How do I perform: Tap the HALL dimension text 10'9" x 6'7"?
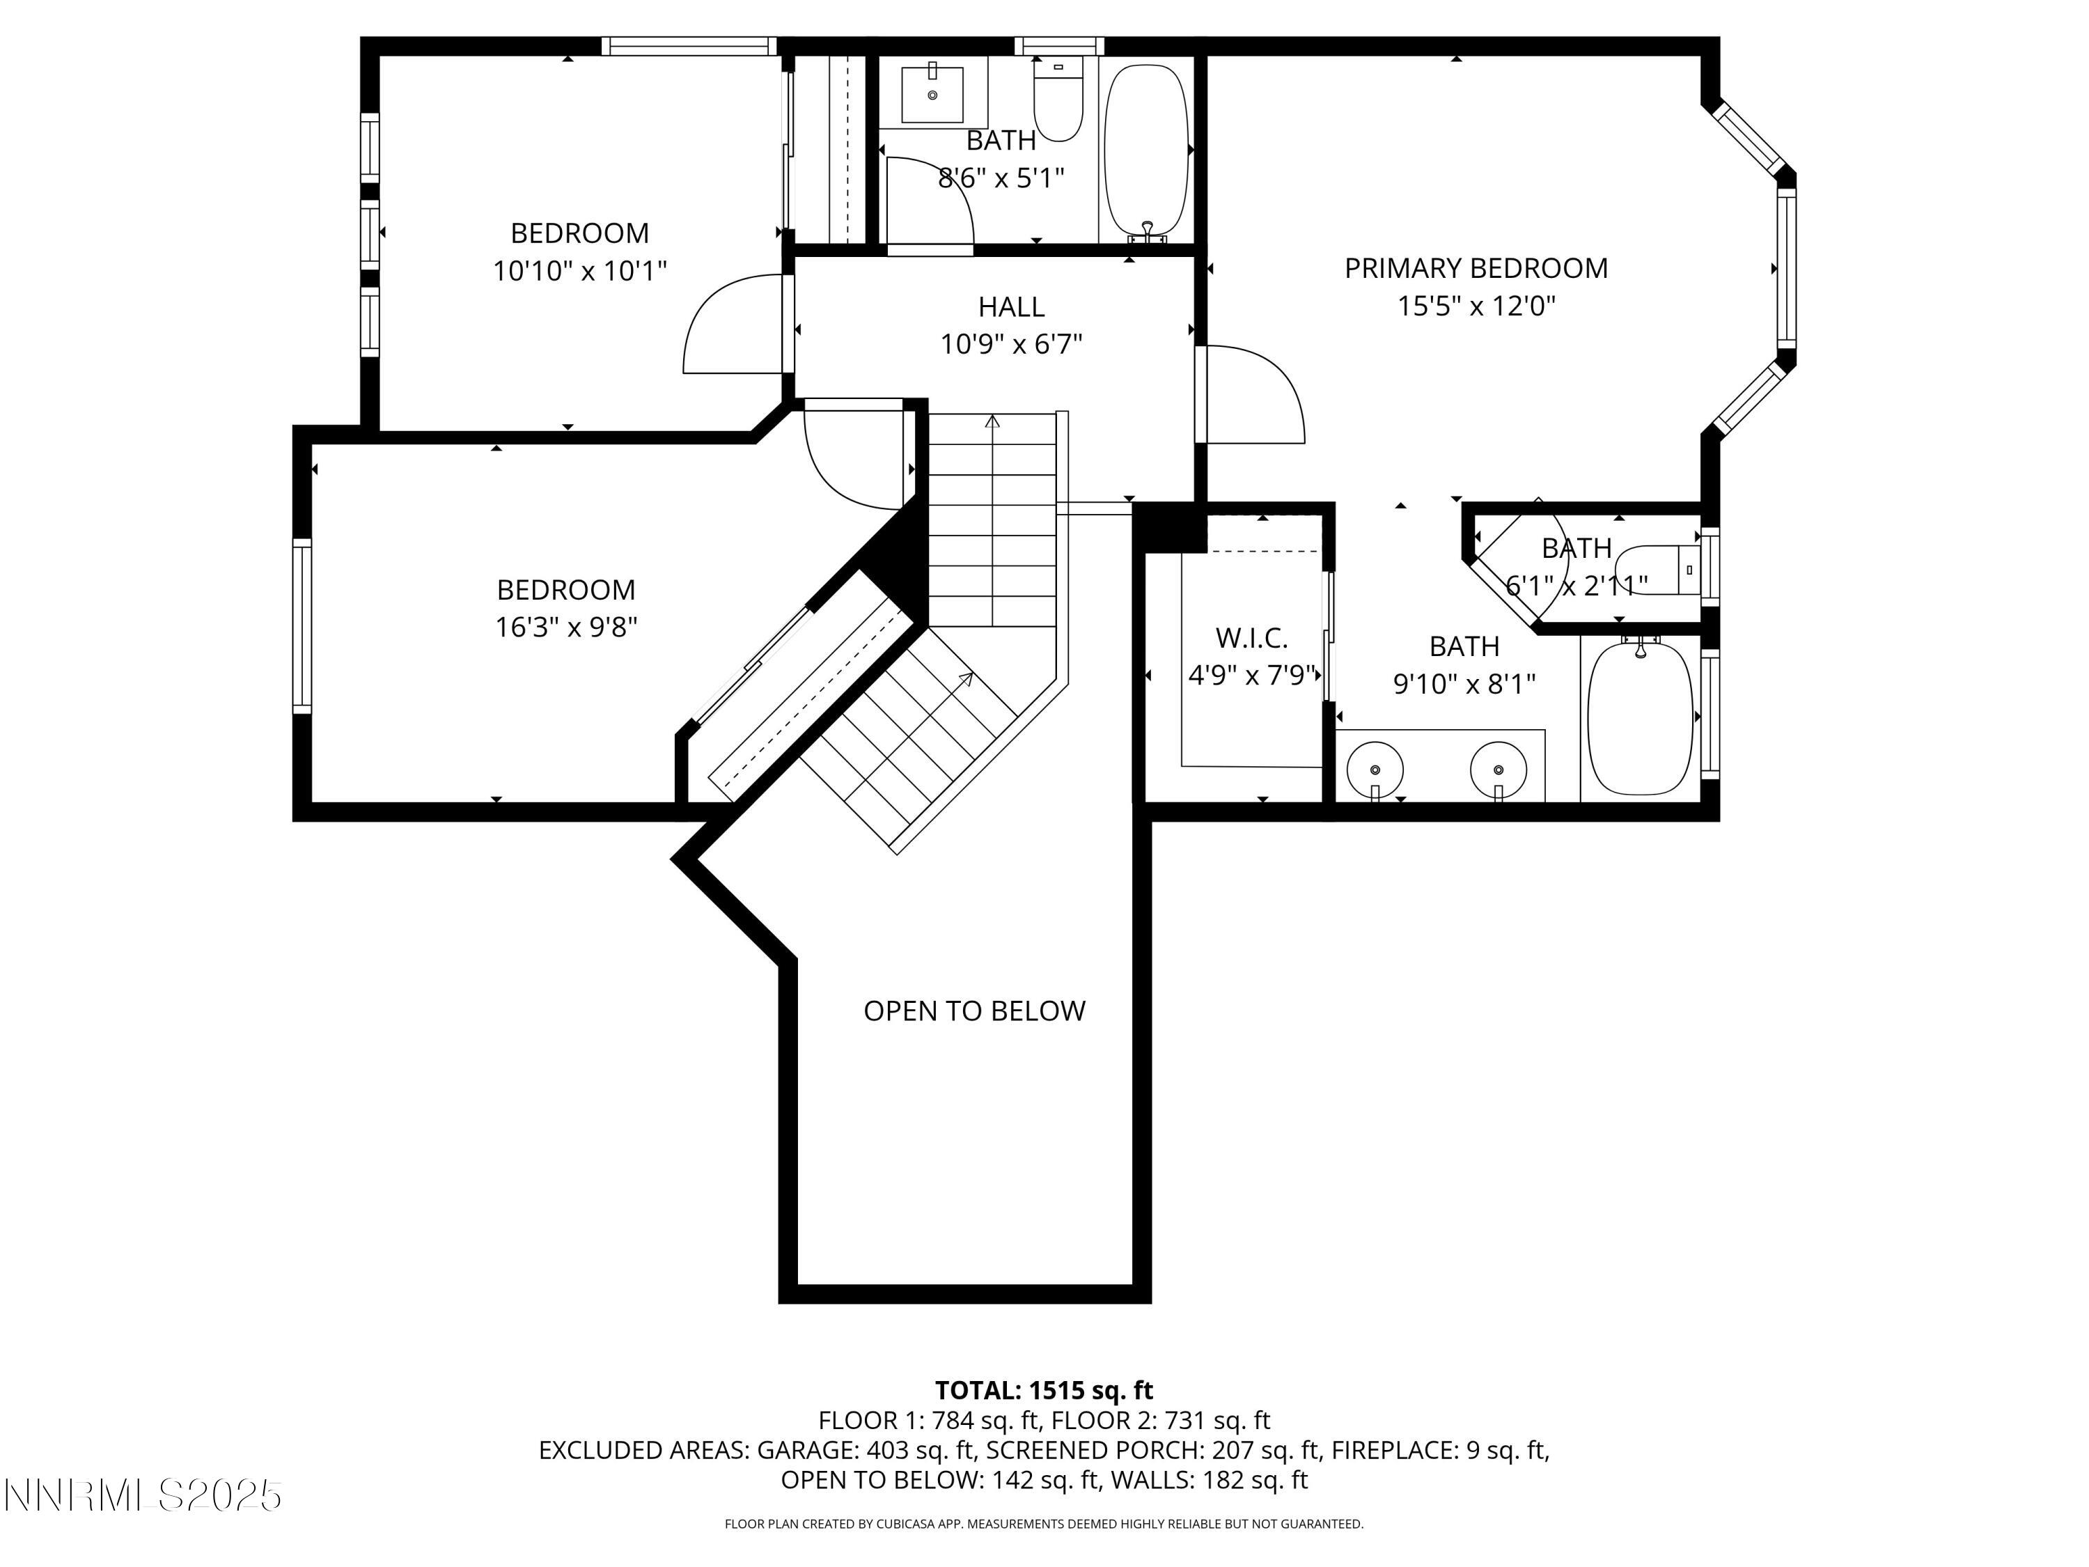[1010, 345]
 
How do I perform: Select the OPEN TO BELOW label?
[973, 1011]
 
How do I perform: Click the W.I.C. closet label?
[1251, 639]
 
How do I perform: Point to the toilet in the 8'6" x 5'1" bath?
[1058, 99]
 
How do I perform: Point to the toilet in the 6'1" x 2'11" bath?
[1657, 570]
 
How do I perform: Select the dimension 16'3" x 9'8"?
[565, 627]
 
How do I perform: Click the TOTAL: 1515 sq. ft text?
[1044, 1390]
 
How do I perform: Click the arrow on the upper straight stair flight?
[992, 422]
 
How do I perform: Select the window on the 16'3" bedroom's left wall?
[302, 626]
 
